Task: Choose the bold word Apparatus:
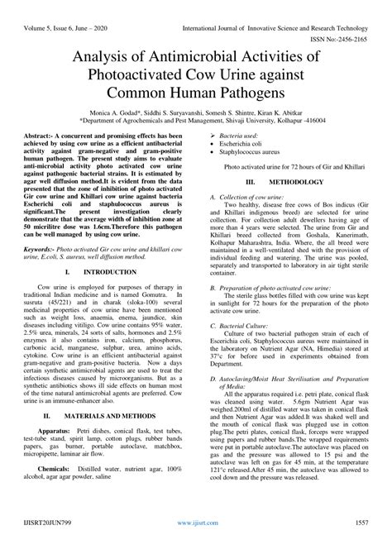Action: (55, 430)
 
